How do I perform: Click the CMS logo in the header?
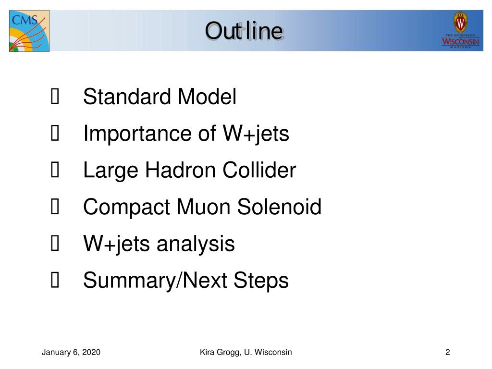pos(29,31)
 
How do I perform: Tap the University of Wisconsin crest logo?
pos(460,30)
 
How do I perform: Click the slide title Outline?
pos(245,31)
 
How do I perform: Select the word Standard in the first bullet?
pos(127,96)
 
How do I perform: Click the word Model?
pos(207,96)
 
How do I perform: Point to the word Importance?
pos(137,134)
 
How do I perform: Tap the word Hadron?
pos(181,170)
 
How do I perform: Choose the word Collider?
pos(259,170)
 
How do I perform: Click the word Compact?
pos(126,207)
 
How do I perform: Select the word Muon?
pos(204,207)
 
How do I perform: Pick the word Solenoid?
pos(279,207)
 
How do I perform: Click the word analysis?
pos(196,244)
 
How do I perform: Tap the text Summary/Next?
pos(155,281)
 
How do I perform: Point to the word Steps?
pos(261,281)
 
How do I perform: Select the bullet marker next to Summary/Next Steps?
pos(55,280)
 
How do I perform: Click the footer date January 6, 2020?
pos(71,352)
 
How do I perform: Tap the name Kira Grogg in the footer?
pos(221,352)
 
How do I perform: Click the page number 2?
pos(448,352)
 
